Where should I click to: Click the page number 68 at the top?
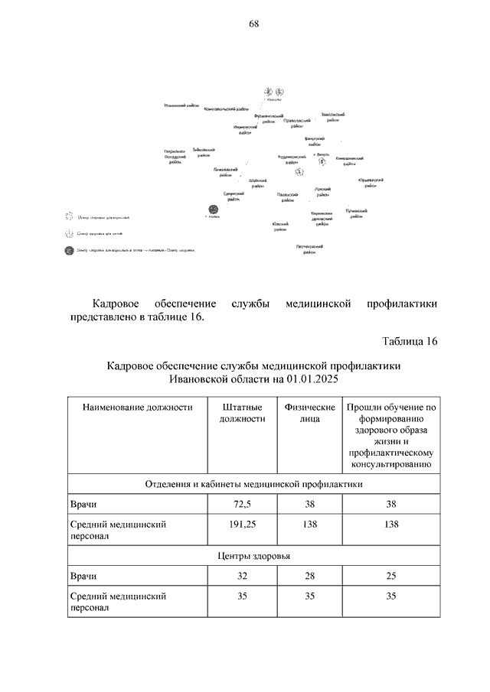253,24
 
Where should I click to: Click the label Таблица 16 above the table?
409,341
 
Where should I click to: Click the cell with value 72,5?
242,505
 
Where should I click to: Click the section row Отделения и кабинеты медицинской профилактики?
253,485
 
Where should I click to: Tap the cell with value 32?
242,576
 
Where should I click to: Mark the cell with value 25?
390,576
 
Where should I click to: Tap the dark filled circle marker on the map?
212,210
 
